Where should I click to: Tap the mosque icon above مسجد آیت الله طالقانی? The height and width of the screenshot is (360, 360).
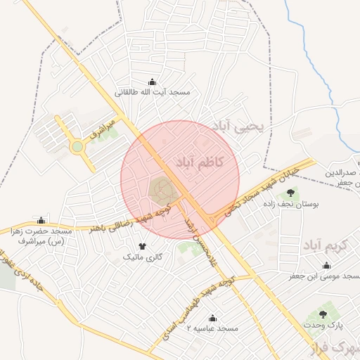[x=153, y=82]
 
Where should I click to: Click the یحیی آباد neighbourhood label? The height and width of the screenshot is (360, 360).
[x=240, y=126]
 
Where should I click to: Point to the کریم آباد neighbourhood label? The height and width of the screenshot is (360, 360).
[x=322, y=246]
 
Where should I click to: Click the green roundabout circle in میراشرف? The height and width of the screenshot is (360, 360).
[x=76, y=147]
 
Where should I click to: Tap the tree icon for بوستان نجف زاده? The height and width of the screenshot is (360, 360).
[x=290, y=193]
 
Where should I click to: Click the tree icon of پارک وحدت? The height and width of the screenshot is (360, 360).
[x=323, y=314]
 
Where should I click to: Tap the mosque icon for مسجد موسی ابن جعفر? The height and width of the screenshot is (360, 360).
[x=326, y=266]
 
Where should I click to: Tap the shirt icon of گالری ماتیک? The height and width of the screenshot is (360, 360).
[x=143, y=247]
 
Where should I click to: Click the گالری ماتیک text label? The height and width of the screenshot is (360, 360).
[x=143, y=257]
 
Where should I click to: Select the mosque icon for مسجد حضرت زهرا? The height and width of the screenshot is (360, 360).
[x=41, y=220]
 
